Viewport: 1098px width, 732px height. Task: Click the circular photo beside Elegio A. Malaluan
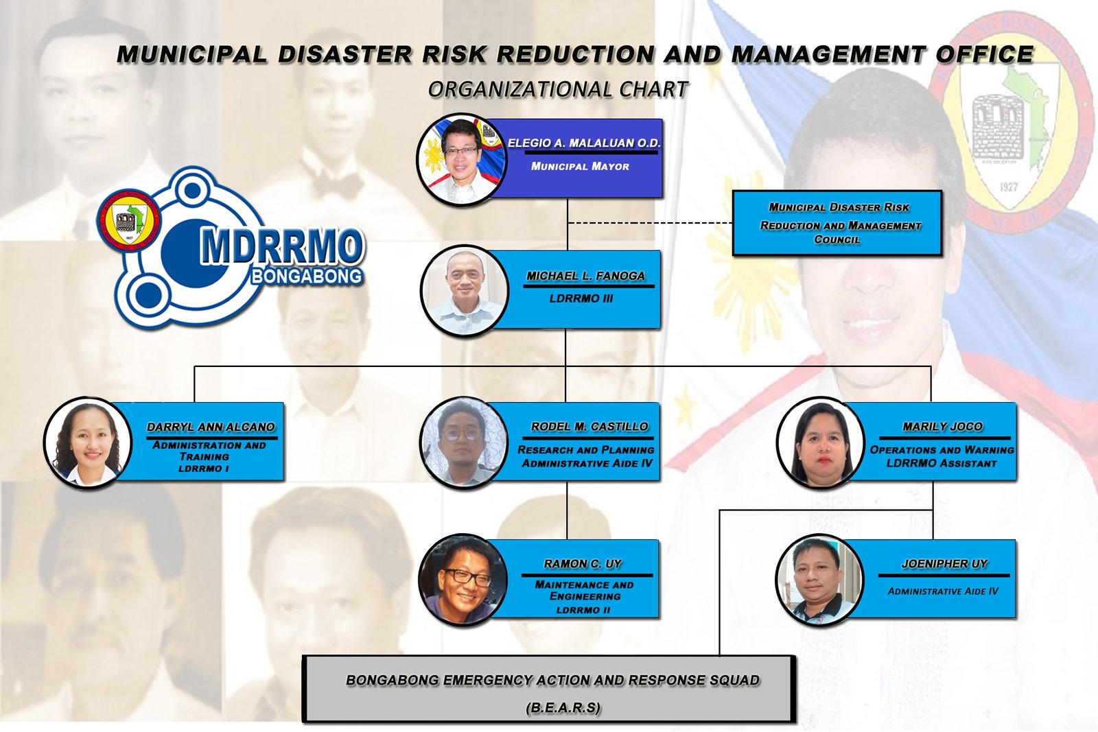pos(462,160)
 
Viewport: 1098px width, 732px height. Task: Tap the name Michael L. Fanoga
pos(586,276)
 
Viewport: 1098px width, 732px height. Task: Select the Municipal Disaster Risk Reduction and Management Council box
pos(837,223)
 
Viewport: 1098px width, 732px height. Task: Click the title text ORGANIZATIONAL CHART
pos(559,89)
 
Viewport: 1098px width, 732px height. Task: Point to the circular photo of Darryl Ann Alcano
pos(89,443)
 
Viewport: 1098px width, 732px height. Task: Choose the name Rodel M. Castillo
pos(589,426)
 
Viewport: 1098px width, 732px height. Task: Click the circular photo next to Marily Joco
pos(820,443)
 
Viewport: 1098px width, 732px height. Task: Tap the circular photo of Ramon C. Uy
pos(464,580)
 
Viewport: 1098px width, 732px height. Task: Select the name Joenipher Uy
pos(944,563)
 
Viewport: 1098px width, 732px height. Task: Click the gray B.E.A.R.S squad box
pos(548,689)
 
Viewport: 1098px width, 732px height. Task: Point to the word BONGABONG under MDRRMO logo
pos(307,276)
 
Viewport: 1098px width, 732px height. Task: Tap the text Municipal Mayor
pos(580,167)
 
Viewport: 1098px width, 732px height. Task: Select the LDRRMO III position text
pos(581,298)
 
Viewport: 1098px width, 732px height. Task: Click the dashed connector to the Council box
pos(650,223)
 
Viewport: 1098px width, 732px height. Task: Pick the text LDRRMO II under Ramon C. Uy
pos(583,610)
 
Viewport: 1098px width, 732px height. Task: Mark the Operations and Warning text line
pos(942,450)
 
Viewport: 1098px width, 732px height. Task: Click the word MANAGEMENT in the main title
pos(829,54)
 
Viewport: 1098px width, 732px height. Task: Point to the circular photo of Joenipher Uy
pos(819,580)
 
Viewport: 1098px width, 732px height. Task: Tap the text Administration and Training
pos(209,451)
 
